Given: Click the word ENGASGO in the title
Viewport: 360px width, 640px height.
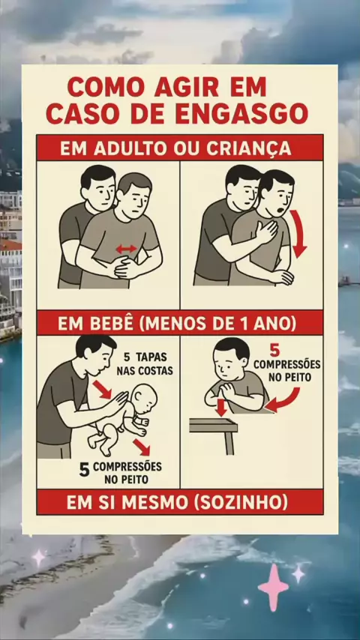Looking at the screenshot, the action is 242,113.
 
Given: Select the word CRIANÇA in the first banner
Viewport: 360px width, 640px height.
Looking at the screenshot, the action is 249,148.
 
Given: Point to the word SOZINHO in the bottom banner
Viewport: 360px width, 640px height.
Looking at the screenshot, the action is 241,503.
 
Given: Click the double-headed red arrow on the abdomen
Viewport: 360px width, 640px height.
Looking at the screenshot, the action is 126,249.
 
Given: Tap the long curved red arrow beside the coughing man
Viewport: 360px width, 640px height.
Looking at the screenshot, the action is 298,234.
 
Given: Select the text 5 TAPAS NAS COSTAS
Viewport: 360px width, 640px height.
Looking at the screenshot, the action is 145,363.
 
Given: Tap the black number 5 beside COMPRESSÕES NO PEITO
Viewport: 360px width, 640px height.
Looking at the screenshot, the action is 84,470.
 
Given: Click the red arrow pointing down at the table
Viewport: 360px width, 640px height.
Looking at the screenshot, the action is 221,408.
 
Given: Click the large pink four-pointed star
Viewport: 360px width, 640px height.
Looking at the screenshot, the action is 272,588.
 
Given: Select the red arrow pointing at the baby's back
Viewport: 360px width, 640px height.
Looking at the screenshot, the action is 102,390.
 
